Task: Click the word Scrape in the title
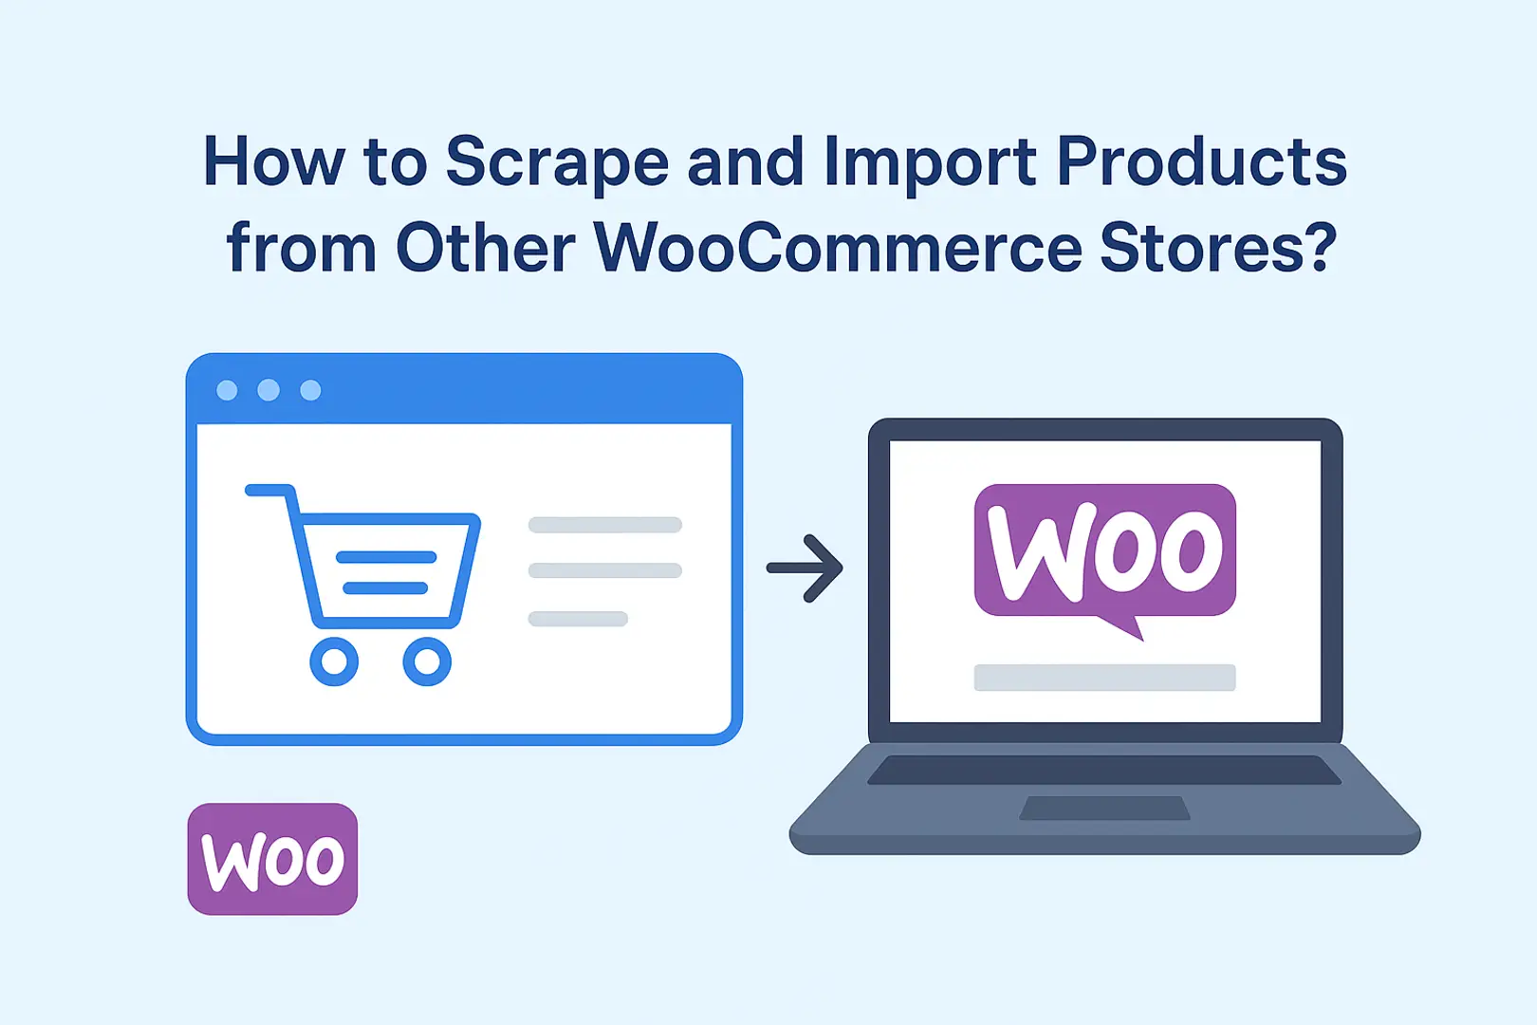tap(557, 163)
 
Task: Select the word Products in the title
tap(1202, 160)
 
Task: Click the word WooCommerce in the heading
tap(838, 247)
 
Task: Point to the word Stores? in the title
tap(1218, 247)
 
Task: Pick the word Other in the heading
tap(485, 247)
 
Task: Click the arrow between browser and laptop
tap(805, 568)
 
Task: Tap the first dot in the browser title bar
tap(227, 390)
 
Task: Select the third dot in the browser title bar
tap(310, 390)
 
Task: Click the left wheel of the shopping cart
tap(334, 662)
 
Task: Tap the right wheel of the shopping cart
tap(427, 662)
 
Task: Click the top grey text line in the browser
tap(604, 525)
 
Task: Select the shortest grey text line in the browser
tap(578, 619)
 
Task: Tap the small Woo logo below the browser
tap(272, 859)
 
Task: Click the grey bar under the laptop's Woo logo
tap(1104, 678)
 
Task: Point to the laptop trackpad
tap(1104, 808)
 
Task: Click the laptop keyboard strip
tap(1104, 770)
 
